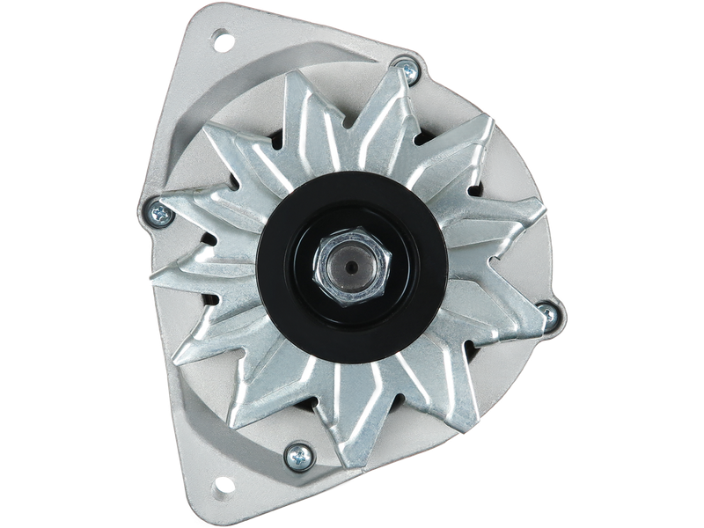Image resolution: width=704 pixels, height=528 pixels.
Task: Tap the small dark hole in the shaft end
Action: (351, 265)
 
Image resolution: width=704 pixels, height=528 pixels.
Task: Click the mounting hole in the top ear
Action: (222, 39)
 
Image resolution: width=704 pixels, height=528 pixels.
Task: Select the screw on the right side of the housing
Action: (548, 310)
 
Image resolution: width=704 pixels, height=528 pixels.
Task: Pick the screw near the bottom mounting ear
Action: (296, 455)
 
